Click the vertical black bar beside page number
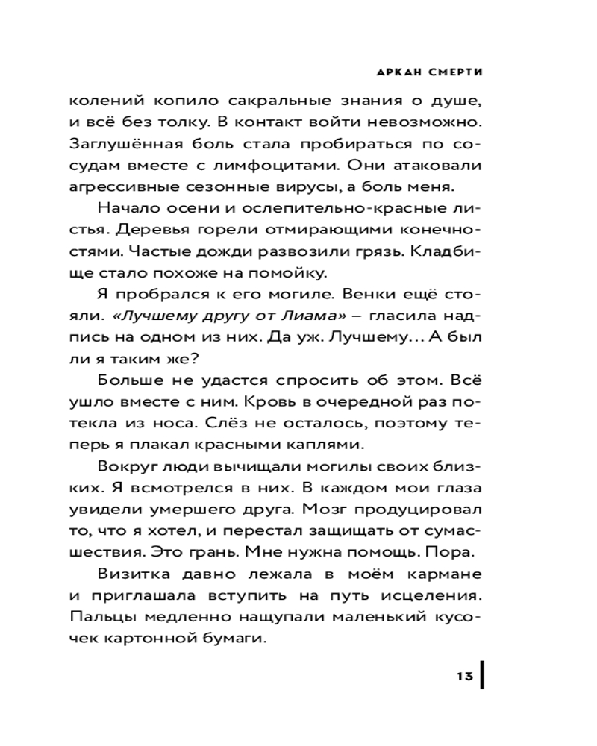tap(482, 676)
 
